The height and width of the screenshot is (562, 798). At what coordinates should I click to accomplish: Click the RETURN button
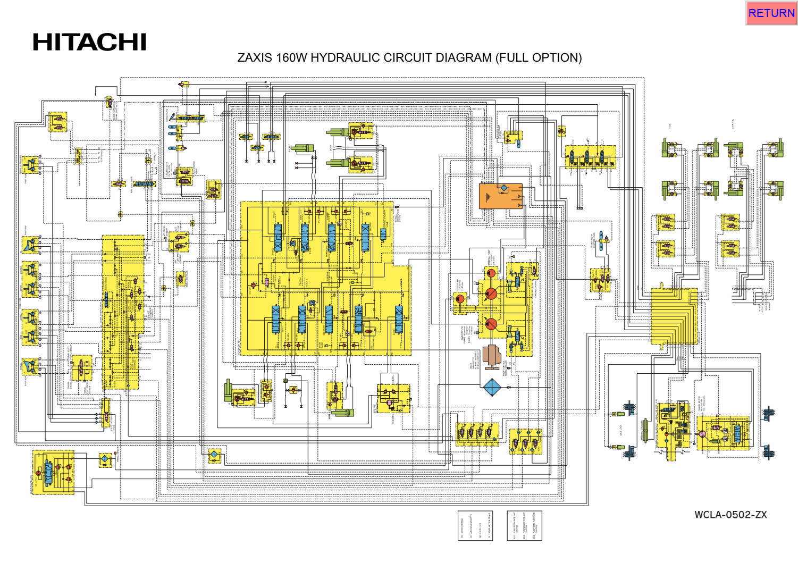click(x=771, y=13)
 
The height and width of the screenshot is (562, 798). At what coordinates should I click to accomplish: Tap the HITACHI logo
click(x=89, y=43)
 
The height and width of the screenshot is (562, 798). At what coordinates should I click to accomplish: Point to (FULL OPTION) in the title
click(x=539, y=57)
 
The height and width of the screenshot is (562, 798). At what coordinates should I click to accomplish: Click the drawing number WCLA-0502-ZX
click(x=730, y=515)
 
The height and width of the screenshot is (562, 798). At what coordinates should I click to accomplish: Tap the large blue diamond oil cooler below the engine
click(x=492, y=388)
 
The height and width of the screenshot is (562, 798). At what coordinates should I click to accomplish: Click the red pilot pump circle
click(x=460, y=299)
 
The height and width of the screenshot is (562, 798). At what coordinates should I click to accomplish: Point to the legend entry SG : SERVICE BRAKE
click(x=463, y=527)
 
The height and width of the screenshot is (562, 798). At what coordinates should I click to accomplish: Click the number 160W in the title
click(x=291, y=57)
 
